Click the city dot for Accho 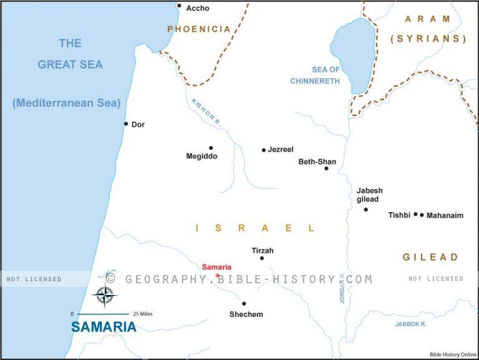coord(179,6)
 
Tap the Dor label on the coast coord(138,125)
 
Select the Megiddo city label coord(201,157)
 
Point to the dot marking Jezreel coord(264,150)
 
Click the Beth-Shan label coord(317,162)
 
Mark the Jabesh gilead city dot coord(366,210)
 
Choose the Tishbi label coord(399,215)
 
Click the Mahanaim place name coord(445,215)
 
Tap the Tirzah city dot coord(262,258)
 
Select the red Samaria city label coord(216,267)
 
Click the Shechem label coord(246,314)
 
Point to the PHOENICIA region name coord(198,29)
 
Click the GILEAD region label coord(430,257)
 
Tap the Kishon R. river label coord(205,110)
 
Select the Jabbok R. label coord(410,324)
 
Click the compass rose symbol coord(105,295)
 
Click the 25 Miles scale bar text coord(142,314)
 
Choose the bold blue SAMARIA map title coord(104,327)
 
